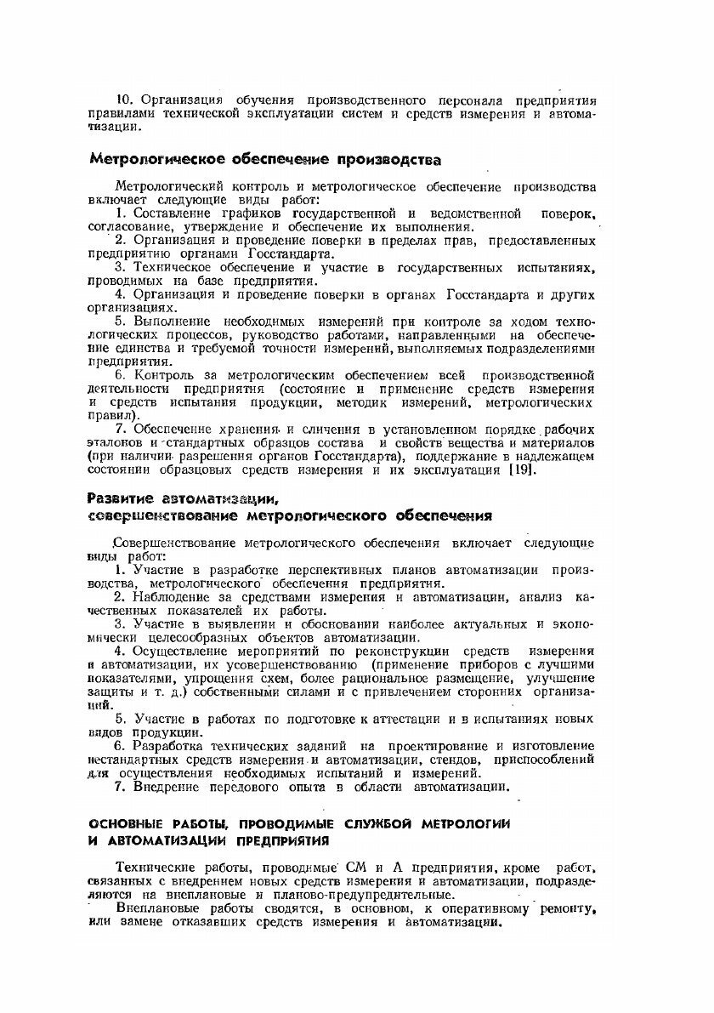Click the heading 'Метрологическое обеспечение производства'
265,160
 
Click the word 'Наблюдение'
175,597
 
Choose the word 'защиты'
112,691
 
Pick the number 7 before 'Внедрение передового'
120,788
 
